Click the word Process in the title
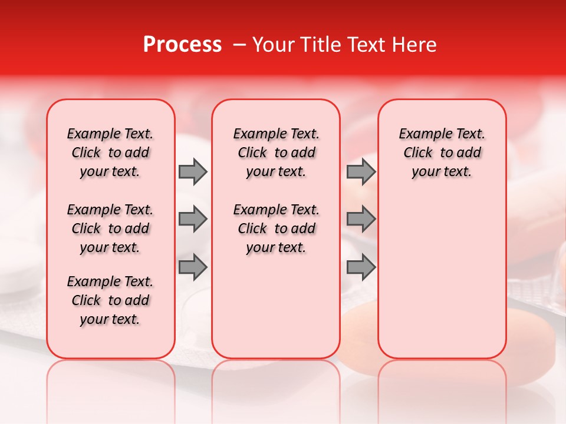click(182, 45)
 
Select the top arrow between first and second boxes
click(193, 171)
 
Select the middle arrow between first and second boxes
click(193, 219)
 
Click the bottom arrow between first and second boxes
click(193, 267)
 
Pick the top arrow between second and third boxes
click(360, 171)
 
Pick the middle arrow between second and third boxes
click(360, 219)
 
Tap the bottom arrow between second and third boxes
click(360, 267)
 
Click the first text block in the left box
click(110, 153)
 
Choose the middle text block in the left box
click(110, 228)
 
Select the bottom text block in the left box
click(110, 300)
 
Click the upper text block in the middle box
click(276, 153)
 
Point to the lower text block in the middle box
click(276, 228)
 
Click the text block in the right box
click(442, 153)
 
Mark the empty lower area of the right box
click(442, 271)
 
